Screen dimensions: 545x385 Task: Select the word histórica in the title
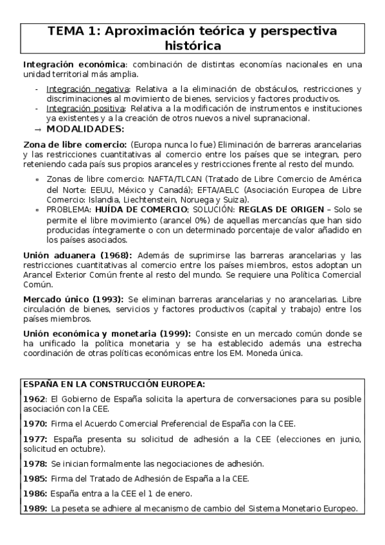point(192,46)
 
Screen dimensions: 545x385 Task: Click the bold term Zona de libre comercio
point(75,145)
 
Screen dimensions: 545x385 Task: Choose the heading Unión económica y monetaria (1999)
point(106,334)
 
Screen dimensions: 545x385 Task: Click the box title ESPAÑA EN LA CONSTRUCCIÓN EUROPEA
point(114,384)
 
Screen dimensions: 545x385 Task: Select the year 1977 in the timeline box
point(35,439)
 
